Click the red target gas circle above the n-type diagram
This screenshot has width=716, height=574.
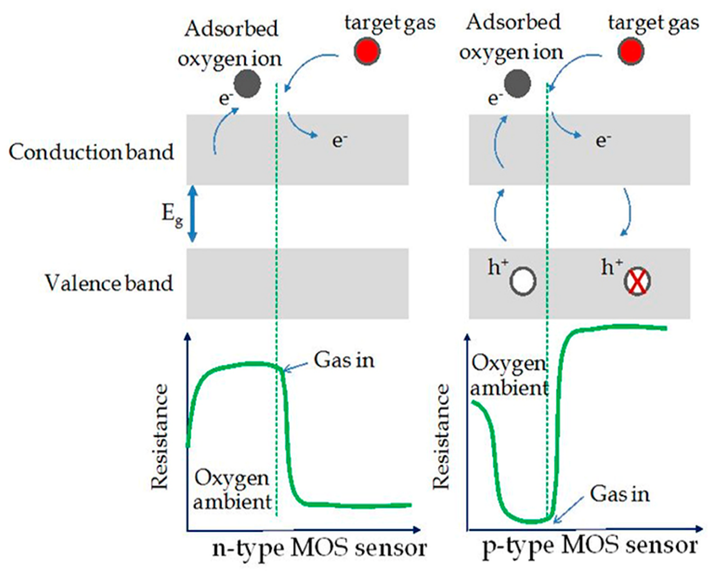pyautogui.click(x=367, y=52)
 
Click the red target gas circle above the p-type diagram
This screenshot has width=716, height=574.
pyautogui.click(x=631, y=52)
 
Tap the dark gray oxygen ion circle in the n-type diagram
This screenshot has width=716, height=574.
pyautogui.click(x=247, y=84)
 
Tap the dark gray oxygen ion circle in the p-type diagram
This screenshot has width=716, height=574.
pyautogui.click(x=517, y=84)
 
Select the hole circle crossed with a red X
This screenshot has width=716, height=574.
pyautogui.click(x=637, y=281)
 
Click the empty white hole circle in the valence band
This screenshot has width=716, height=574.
pyautogui.click(x=523, y=281)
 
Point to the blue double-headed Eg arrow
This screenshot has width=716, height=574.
pyautogui.click(x=193, y=214)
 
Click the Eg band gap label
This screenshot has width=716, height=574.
pyautogui.click(x=172, y=214)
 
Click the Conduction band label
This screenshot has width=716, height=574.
pyautogui.click(x=91, y=152)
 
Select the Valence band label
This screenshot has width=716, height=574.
pyautogui.click(x=109, y=283)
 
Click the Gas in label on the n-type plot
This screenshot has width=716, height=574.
pyautogui.click(x=344, y=360)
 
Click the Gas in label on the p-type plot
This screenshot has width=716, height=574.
pyautogui.click(x=620, y=494)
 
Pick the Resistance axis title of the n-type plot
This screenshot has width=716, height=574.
pyautogui.click(x=160, y=437)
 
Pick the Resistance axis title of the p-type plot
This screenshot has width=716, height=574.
pyautogui.click(x=441, y=437)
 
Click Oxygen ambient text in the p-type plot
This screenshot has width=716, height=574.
pyautogui.click(x=509, y=376)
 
